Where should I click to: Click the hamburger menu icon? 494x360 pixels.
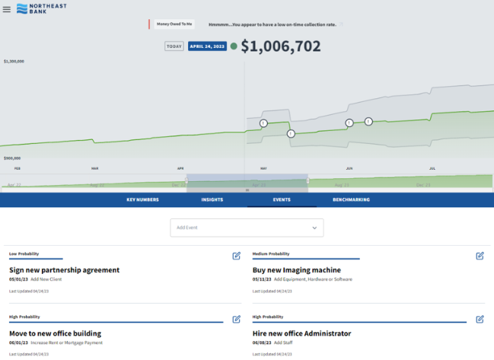[7, 9]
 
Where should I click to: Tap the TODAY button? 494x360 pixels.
[174, 46]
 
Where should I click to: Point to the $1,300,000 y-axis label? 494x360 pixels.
[14, 61]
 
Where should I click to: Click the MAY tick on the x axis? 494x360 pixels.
[263, 167]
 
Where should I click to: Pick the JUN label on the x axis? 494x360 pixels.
[349, 167]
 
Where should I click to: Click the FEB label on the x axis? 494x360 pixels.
[17, 167]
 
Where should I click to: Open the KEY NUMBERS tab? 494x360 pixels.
[142, 199]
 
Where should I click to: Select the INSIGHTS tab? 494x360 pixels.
[212, 199]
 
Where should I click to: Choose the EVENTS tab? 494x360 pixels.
[281, 199]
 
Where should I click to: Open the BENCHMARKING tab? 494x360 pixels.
[351, 199]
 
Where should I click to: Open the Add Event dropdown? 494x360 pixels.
[247, 228]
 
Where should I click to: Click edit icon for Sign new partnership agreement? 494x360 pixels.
[237, 256]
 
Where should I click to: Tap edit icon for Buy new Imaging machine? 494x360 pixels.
[480, 256]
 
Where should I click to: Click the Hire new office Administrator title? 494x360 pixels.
[301, 333]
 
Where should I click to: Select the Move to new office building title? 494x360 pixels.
[55, 333]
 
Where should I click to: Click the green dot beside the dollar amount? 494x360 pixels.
[234, 46]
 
